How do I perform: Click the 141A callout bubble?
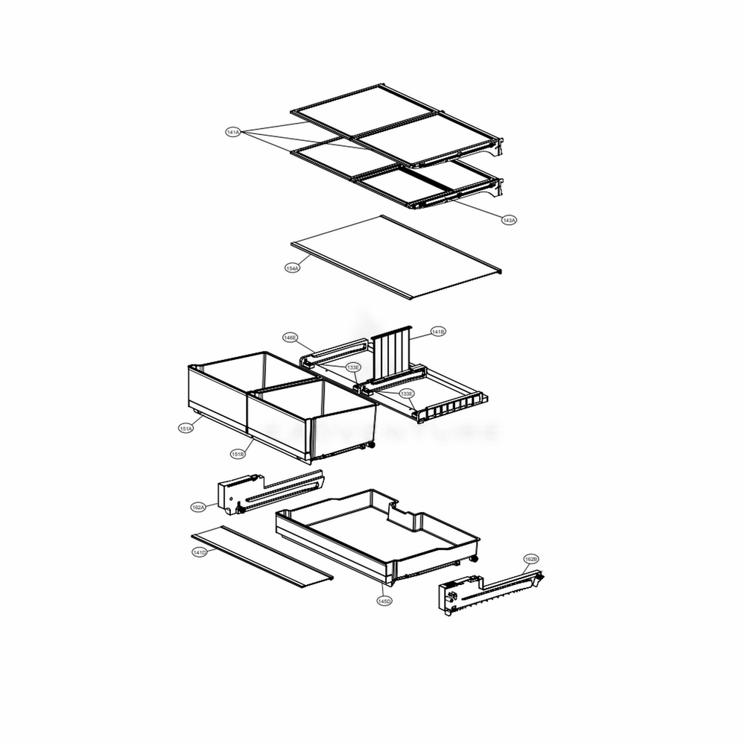232,132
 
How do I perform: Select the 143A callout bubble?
509,220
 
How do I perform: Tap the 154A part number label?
293,267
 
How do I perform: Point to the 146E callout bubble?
290,338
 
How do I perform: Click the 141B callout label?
438,332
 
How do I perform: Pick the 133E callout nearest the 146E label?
352,367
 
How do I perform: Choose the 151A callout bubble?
186,428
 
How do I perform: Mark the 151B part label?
238,454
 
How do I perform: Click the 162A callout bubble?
198,507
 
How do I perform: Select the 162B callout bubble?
530,558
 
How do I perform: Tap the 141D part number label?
199,552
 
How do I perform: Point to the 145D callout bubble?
384,601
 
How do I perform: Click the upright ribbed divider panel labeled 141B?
392,351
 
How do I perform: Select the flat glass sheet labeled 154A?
395,257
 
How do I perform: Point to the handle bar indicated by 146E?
335,349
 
